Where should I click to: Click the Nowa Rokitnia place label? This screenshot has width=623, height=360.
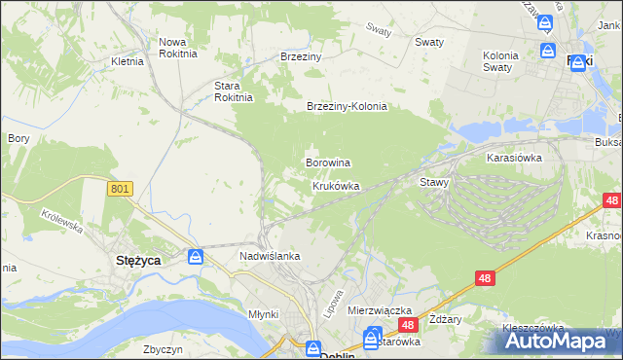coord(178,48)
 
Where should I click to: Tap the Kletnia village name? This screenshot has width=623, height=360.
coord(128,60)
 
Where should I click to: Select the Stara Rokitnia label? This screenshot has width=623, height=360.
coord(234,90)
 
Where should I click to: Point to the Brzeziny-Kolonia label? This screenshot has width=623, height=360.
coord(347,106)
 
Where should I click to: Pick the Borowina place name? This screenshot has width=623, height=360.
coord(328,162)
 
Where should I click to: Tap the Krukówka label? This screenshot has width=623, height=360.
coord(336,185)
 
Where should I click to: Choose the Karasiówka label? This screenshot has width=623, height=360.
coord(514,156)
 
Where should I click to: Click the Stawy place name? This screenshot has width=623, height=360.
coord(433,182)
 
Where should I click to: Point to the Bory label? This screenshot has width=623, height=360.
coord(18,138)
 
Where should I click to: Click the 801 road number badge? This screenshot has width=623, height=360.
coord(120,190)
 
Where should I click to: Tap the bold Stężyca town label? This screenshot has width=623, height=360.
coord(138,260)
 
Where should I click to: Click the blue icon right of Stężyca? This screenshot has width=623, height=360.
coord(196,257)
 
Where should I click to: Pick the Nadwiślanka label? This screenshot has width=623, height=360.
coord(269,256)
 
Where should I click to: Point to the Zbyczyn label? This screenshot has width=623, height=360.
coord(163,348)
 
